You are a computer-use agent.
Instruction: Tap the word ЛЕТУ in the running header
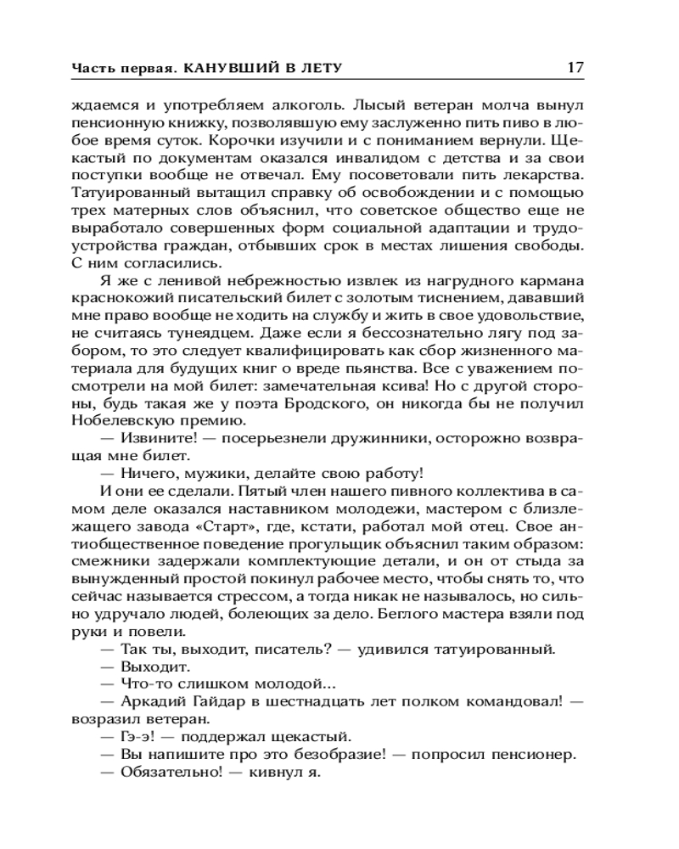tap(327, 68)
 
